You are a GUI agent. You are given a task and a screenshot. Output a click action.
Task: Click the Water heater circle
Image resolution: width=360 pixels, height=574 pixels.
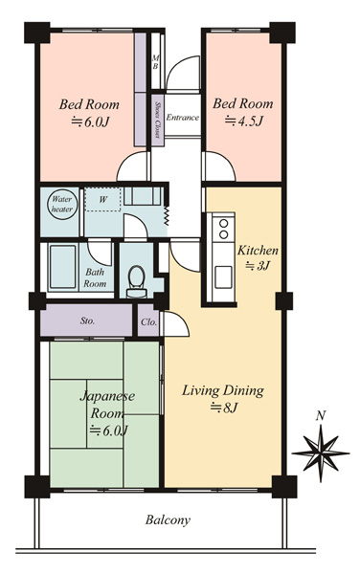62,205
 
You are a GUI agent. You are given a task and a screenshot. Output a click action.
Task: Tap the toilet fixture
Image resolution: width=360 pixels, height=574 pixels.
137,282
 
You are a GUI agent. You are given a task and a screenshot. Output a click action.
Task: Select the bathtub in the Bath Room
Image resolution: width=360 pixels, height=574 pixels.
62,267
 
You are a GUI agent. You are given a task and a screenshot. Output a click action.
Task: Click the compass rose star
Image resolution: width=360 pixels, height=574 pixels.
321,453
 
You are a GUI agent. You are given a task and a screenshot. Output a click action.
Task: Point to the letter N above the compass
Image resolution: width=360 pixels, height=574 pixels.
321,416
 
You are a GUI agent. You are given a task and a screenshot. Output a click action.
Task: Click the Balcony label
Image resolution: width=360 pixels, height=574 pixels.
168,520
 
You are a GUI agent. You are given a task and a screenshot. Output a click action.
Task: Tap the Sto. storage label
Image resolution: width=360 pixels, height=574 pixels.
87,321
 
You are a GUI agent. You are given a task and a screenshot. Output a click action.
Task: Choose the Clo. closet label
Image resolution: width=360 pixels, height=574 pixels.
149,322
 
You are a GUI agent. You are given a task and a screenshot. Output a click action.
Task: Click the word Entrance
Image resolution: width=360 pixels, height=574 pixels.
182,118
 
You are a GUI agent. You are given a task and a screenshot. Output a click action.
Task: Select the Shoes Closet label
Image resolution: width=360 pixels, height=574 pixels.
158,120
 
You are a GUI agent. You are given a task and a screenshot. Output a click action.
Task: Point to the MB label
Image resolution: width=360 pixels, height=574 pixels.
155,62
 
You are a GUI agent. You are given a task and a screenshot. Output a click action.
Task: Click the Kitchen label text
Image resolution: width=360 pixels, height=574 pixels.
258,251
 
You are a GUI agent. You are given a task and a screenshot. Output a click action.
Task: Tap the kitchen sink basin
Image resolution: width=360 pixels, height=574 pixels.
223,277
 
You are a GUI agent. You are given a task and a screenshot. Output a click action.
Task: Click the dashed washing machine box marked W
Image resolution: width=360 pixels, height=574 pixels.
102,200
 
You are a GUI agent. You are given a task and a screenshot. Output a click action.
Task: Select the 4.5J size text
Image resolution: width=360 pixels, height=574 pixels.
243,121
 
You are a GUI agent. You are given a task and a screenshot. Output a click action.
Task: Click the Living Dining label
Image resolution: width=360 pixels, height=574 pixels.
223,390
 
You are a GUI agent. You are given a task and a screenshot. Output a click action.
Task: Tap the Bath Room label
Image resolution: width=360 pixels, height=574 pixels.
95,277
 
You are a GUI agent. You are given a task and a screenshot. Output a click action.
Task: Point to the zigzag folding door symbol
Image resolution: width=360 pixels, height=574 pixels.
167,215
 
